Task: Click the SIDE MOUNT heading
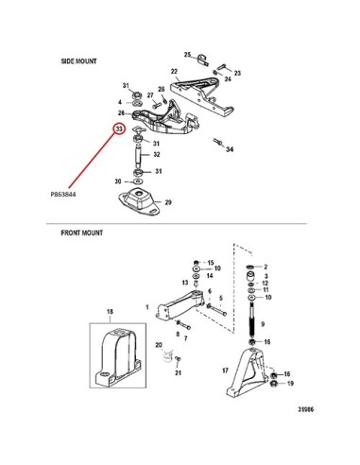[78, 61]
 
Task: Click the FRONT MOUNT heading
[82, 232]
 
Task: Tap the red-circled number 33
[119, 129]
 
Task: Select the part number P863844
[63, 195]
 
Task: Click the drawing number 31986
[306, 409]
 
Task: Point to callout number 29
[168, 202]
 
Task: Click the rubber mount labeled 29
[139, 202]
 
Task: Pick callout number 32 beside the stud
[157, 154]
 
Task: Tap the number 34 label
[230, 149]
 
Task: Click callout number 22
[174, 72]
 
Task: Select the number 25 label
[188, 55]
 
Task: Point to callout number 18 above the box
[110, 312]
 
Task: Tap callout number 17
[225, 370]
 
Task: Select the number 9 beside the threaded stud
[263, 324]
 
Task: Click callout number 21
[179, 372]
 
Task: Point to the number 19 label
[290, 384]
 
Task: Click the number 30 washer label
[118, 181]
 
